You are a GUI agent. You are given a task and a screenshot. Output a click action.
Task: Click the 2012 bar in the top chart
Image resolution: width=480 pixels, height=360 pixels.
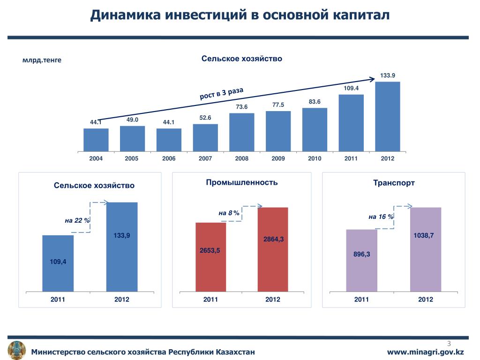[x=388, y=117]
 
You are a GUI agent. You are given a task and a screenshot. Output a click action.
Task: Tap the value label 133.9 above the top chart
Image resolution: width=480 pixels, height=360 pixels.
[x=388, y=75]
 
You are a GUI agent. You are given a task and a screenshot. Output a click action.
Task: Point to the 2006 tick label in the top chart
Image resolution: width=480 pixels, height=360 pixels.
[x=169, y=159]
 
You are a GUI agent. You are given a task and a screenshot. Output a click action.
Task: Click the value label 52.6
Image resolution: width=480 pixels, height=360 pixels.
[x=205, y=118]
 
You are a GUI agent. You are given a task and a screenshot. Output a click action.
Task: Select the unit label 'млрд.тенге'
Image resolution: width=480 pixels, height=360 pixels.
[x=42, y=60]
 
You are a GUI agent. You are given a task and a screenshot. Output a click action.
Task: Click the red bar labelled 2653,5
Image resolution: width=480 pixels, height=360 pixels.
[x=210, y=257]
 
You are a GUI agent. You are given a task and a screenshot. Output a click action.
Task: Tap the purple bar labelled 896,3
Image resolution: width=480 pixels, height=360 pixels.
[x=361, y=260]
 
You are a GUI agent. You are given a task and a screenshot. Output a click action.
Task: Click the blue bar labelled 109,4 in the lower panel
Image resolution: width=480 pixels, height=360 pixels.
[x=58, y=263]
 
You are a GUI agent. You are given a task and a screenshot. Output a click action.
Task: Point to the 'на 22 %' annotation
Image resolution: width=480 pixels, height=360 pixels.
[x=77, y=220]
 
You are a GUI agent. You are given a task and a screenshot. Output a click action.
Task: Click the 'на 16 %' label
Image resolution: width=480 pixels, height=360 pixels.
[x=381, y=217]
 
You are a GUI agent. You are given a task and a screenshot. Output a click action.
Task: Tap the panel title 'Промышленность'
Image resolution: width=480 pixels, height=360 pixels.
[x=242, y=182]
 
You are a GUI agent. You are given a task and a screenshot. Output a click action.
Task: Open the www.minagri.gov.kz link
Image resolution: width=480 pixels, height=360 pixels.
[x=425, y=352]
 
